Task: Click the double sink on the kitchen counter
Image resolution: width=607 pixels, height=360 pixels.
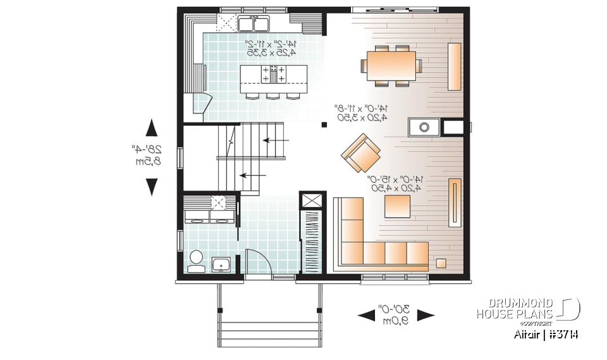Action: [254, 24]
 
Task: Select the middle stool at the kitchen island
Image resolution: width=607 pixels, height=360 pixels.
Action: [273, 96]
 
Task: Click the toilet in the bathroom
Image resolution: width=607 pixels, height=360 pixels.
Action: [196, 259]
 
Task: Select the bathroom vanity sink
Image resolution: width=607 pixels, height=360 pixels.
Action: [221, 264]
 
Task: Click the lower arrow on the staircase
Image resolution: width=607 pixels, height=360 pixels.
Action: [252, 176]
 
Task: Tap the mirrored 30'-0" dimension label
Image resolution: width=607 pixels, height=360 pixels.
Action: [395, 314]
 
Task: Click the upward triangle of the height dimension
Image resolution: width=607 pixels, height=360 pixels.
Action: [152, 128]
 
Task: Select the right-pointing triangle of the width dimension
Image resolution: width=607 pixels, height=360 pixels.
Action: [426, 315]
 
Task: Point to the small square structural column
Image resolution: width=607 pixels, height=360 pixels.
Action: [324, 125]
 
